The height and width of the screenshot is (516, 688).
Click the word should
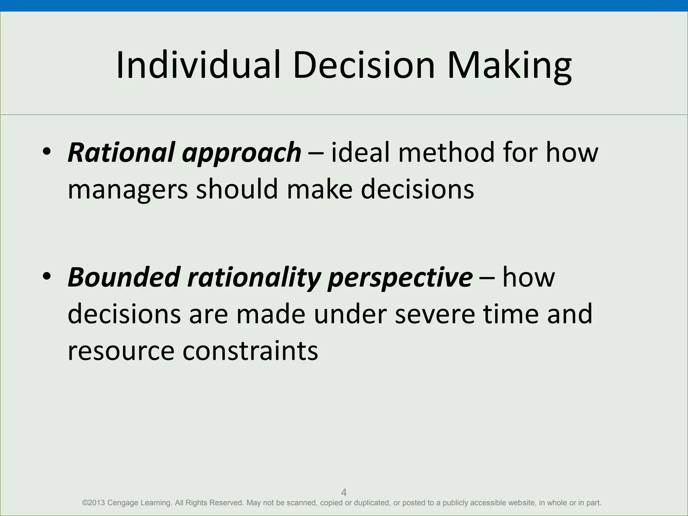(x=237, y=188)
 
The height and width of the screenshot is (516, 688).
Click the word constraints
(x=250, y=350)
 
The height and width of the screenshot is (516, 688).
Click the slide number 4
(x=344, y=492)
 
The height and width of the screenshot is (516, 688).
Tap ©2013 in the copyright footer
(x=93, y=503)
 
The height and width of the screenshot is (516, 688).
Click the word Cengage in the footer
(x=123, y=503)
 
